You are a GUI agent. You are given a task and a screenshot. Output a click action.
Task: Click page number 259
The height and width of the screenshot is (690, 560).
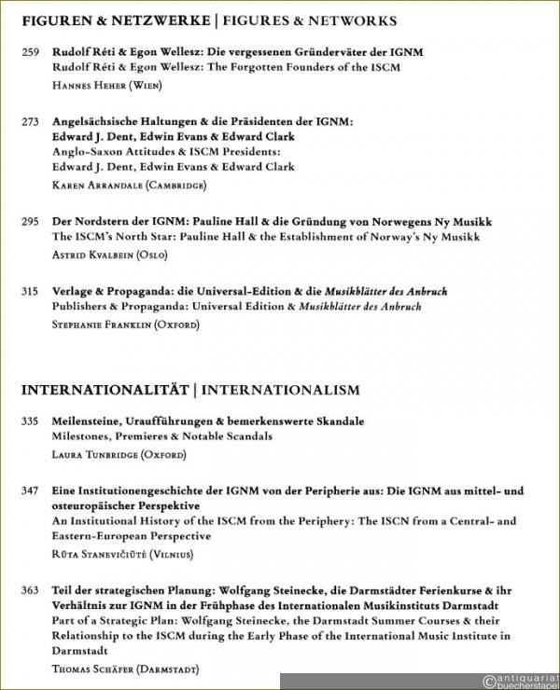coord(30,52)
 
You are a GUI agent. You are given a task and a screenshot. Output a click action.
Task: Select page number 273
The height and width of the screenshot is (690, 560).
coord(30,121)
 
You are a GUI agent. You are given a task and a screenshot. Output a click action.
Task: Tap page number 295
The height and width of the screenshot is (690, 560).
coord(30,222)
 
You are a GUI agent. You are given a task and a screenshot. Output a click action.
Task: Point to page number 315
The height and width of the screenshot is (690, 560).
coord(30,292)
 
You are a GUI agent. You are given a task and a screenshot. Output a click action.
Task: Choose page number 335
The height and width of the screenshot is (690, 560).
coord(30,421)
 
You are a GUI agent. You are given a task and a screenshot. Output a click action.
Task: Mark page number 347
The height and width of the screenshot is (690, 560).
coord(30,490)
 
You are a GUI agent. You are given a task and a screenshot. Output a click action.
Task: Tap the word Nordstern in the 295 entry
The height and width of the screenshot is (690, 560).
coord(98,222)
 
